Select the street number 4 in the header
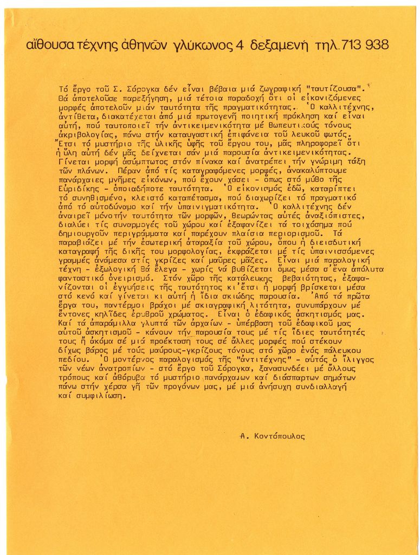(x=239, y=45)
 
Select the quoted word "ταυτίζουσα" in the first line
(x=335, y=88)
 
